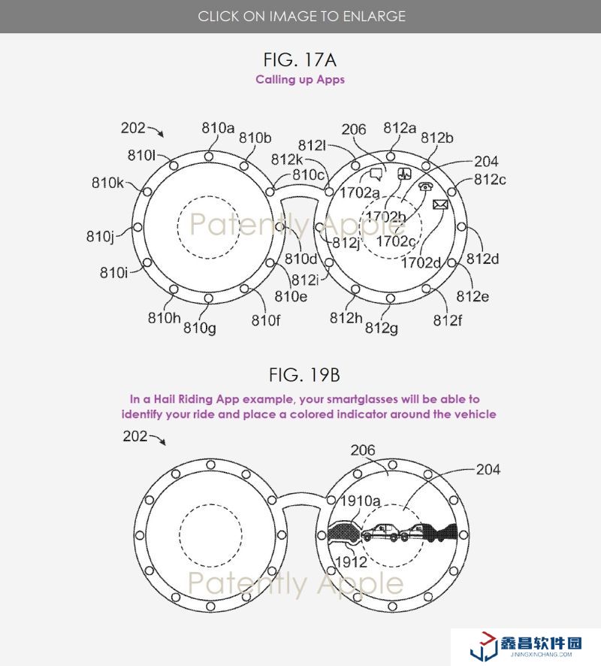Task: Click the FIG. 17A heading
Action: point(300,59)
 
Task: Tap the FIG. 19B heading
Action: point(304,375)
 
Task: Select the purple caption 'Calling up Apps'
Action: point(300,80)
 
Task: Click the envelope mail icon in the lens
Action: point(440,204)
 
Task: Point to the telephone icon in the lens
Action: point(425,186)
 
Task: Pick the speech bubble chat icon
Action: point(376,174)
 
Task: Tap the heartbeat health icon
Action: point(404,173)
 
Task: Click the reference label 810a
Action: point(218,128)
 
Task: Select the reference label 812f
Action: point(447,320)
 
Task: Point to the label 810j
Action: point(101,236)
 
